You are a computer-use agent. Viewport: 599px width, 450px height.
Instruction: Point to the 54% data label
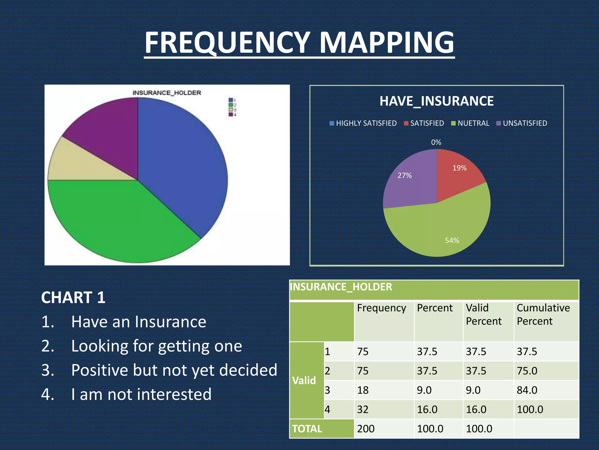452,241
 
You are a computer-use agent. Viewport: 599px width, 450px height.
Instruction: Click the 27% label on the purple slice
405,175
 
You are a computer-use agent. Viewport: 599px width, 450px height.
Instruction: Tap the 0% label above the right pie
436,142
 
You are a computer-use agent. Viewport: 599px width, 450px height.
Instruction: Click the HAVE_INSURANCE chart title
436,101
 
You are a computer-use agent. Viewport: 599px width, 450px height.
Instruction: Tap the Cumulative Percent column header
543,314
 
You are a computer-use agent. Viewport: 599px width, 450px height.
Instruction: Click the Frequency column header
381,308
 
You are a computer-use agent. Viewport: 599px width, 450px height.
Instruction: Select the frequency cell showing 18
363,390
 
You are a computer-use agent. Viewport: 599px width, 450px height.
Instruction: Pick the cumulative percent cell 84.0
527,390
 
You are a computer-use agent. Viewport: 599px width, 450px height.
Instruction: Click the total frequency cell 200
366,429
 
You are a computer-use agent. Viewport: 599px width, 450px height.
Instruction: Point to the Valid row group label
304,381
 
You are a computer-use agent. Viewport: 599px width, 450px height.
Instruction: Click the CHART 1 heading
73,298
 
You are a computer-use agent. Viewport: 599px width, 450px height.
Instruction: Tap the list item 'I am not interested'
141,394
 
